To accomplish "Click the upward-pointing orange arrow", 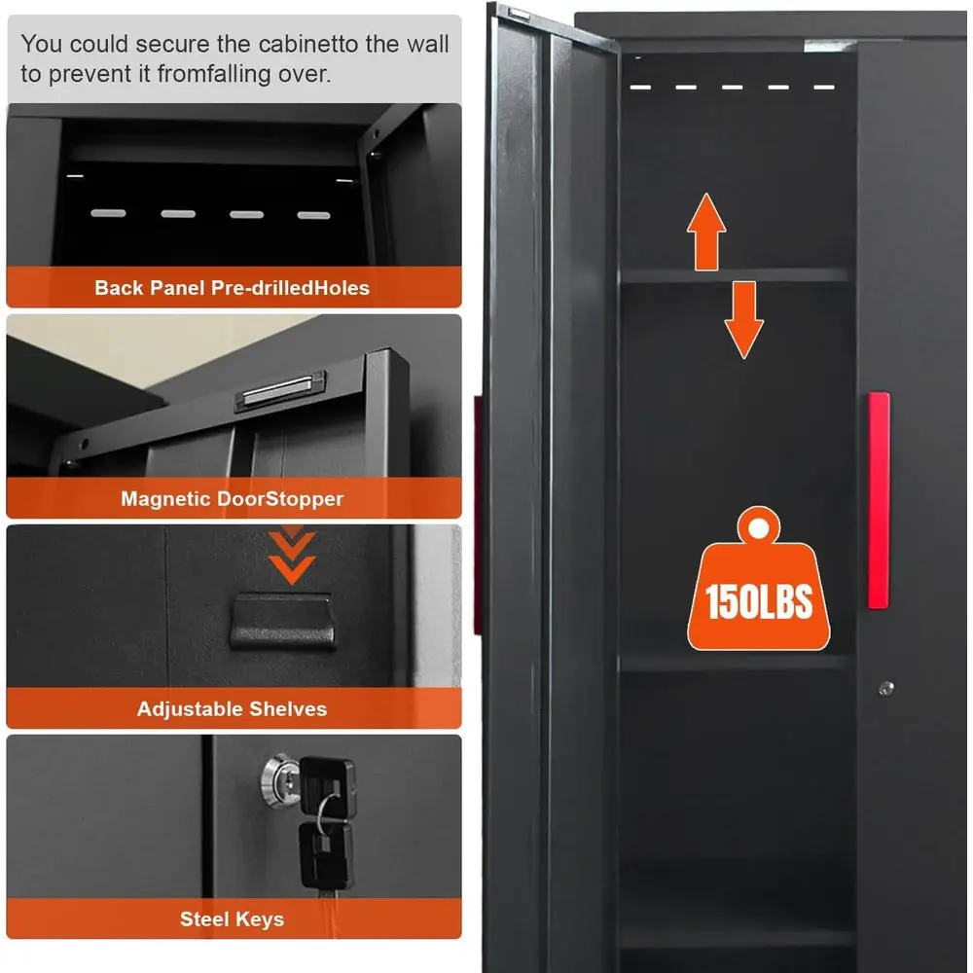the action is coord(706,232).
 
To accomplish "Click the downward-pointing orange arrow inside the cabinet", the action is coord(743,319).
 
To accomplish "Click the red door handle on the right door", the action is coord(879,500).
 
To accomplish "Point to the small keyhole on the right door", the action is coord(886,688).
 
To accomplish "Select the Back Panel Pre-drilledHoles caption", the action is coord(233,288).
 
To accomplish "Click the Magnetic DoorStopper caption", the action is coord(233,499).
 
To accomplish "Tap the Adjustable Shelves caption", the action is coord(233,708).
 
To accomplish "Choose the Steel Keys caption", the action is coord(233,919).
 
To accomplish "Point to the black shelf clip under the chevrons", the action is coord(283,622).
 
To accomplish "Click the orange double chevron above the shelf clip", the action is coord(292,556).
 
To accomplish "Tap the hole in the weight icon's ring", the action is coord(758,528).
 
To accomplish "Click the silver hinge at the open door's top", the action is coord(519,14).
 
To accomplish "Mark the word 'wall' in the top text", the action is coord(427,44).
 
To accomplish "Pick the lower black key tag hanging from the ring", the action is coord(325,855).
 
